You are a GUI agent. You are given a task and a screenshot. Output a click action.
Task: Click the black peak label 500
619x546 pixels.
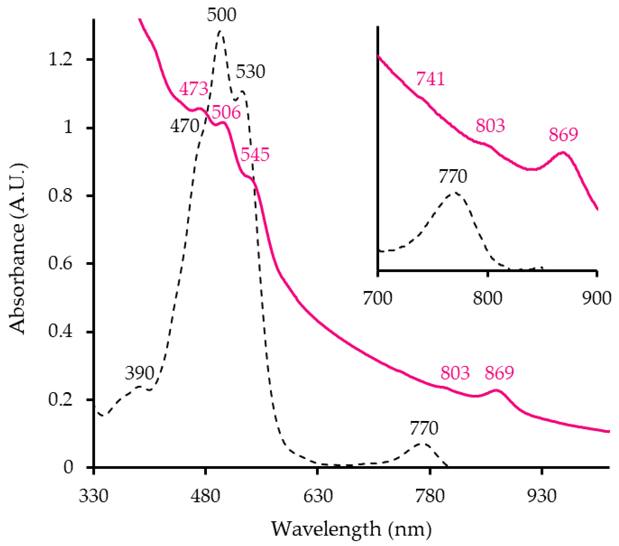(221, 14)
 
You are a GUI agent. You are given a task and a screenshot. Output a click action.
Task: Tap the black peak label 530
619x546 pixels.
(250, 72)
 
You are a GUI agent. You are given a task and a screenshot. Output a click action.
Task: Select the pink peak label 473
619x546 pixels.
(193, 89)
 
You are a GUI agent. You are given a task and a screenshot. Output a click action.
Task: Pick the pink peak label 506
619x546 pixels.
(226, 112)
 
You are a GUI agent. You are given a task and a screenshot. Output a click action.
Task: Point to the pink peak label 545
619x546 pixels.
(255, 154)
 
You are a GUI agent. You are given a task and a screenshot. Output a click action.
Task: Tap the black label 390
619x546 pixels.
(139, 373)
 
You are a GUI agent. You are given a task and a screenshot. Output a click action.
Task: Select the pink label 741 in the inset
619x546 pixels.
(430, 79)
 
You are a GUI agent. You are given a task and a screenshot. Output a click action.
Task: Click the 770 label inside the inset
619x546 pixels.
(453, 176)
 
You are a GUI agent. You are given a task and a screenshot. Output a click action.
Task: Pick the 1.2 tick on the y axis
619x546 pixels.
(61, 59)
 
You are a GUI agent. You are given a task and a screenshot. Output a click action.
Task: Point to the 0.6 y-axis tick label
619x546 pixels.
(61, 263)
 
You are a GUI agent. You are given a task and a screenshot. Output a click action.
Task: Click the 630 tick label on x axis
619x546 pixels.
(318, 496)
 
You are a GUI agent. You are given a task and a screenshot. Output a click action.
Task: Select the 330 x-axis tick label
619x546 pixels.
(94, 496)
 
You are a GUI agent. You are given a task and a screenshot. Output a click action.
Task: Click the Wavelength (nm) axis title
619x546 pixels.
(351, 529)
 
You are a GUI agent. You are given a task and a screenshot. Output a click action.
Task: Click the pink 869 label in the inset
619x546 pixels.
(563, 134)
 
